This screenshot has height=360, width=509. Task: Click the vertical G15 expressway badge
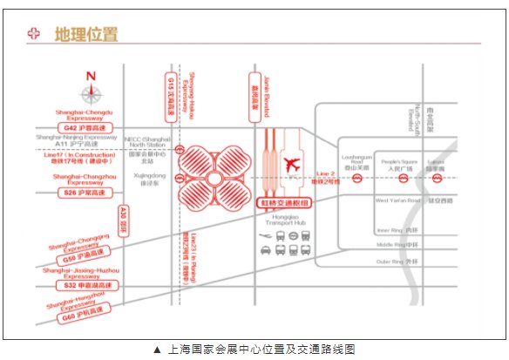169,95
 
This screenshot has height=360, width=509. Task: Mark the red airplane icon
290,163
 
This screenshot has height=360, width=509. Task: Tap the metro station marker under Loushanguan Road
357,179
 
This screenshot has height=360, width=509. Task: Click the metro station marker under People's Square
403,179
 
